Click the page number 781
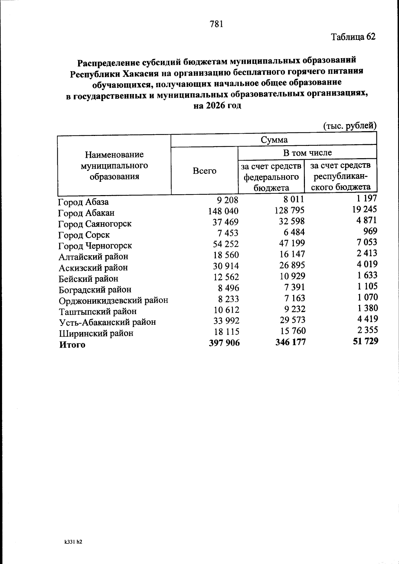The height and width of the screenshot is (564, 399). pos(216,24)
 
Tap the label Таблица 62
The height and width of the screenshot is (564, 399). pos(353,37)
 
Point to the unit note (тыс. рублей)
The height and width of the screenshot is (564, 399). pos(350,126)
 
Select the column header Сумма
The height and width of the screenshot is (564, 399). pos(274,140)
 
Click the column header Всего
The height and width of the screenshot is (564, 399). pos(204,171)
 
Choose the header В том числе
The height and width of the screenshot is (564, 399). pos(307,153)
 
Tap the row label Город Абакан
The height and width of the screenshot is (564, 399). pos(86,213)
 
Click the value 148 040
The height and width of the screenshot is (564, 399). pos(223,211)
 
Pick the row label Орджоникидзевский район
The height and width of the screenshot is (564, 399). pos(113,300)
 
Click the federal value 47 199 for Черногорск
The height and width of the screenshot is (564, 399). pos(292,243)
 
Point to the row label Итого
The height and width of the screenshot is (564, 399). pos(72,345)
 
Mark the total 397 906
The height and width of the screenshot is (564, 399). pos(224,343)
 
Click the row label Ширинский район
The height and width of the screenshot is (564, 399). pos(96,333)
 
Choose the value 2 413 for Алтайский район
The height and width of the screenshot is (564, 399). pos(367,253)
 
